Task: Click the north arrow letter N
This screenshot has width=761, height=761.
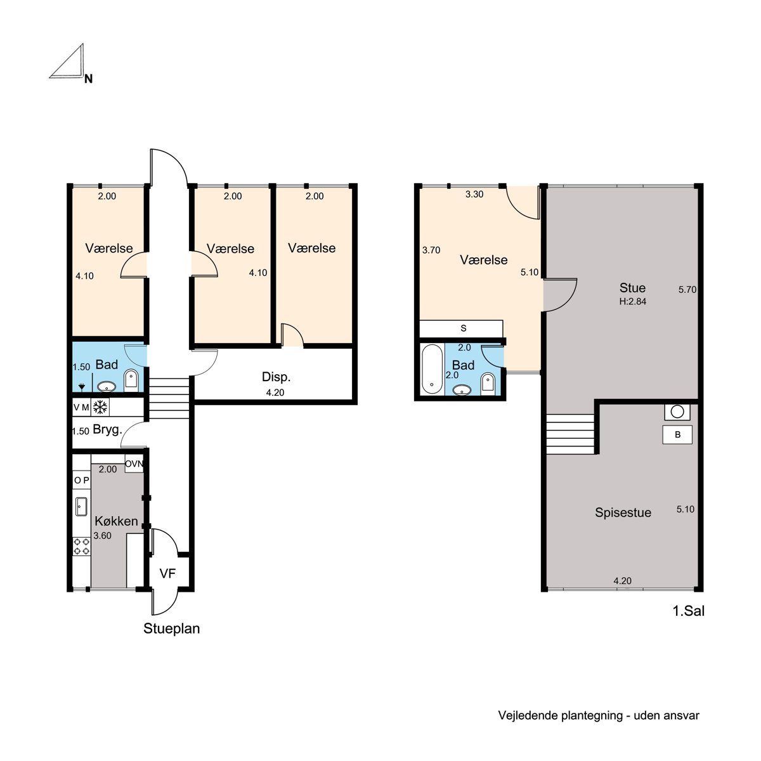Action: coord(88,79)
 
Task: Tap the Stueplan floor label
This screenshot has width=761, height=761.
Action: coord(171,628)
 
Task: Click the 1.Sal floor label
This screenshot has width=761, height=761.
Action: coord(688,611)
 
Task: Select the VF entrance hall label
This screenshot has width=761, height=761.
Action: coord(167,573)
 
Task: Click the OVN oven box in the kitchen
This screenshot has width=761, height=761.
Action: coord(134,464)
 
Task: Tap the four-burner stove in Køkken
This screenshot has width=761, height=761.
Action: coord(81,546)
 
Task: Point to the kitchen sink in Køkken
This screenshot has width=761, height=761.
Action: coord(81,507)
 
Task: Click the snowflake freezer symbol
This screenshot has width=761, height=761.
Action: coord(100,407)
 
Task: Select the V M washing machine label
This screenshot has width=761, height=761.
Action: coord(81,407)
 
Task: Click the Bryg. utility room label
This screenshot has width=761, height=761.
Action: coord(107,430)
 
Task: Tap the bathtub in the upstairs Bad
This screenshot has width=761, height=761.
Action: coord(432,369)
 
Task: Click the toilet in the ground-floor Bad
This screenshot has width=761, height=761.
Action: coord(131,380)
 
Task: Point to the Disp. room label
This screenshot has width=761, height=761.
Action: coord(276,377)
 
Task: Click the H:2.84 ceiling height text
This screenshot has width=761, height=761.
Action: coord(633,301)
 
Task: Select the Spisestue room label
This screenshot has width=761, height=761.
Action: coord(623,512)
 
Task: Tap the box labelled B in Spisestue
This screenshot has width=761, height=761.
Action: coord(677,435)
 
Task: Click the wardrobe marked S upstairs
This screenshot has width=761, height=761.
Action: coord(461,328)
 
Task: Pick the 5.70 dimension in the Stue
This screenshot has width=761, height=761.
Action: coord(687,289)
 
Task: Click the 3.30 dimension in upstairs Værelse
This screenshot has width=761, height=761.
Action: coord(474,194)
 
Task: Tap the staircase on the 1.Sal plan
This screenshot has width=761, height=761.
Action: coord(570,434)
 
